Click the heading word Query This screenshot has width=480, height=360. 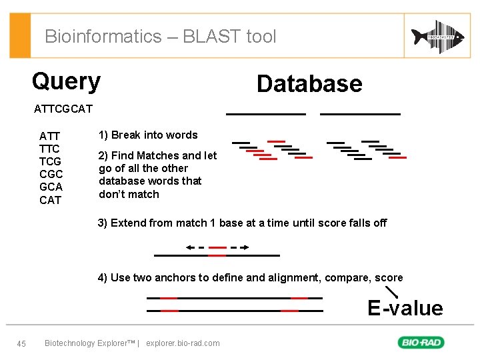click(x=66, y=81)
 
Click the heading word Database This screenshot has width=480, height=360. click(x=309, y=84)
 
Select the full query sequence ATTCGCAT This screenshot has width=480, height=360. click(x=63, y=109)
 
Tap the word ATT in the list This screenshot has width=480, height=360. click(x=49, y=136)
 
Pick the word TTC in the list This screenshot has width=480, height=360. click(x=49, y=149)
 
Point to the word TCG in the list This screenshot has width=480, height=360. click(x=50, y=161)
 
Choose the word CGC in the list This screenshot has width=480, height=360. click(x=51, y=174)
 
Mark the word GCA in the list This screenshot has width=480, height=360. click(x=51, y=187)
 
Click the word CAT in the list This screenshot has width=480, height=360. click(x=50, y=200)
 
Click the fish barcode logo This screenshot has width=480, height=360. click(x=437, y=36)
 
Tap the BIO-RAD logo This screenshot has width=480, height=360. click(x=421, y=343)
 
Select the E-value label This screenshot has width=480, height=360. click(x=405, y=308)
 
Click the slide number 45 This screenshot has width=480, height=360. click(x=21, y=343)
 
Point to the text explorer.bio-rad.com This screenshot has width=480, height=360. click(x=183, y=343)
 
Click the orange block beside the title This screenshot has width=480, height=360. click(x=21, y=36)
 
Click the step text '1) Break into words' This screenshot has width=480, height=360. click(x=148, y=135)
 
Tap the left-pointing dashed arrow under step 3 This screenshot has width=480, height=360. click(x=195, y=247)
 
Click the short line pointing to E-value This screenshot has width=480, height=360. click(x=392, y=291)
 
